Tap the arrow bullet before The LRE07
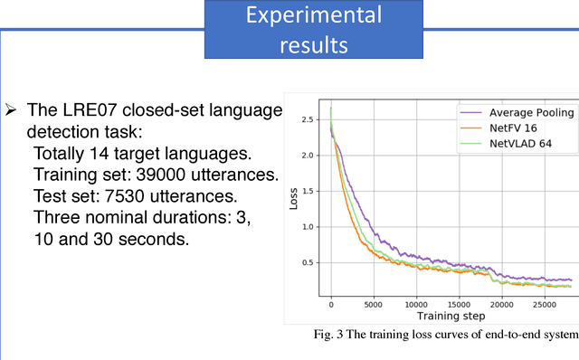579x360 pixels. pyautogui.click(x=11, y=110)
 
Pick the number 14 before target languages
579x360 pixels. pyautogui.click(x=89, y=152)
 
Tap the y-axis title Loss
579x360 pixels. pyautogui.click(x=293, y=199)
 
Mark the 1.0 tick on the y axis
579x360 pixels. pyautogui.click(x=308, y=227)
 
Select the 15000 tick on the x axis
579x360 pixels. pyautogui.click(x=459, y=304)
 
